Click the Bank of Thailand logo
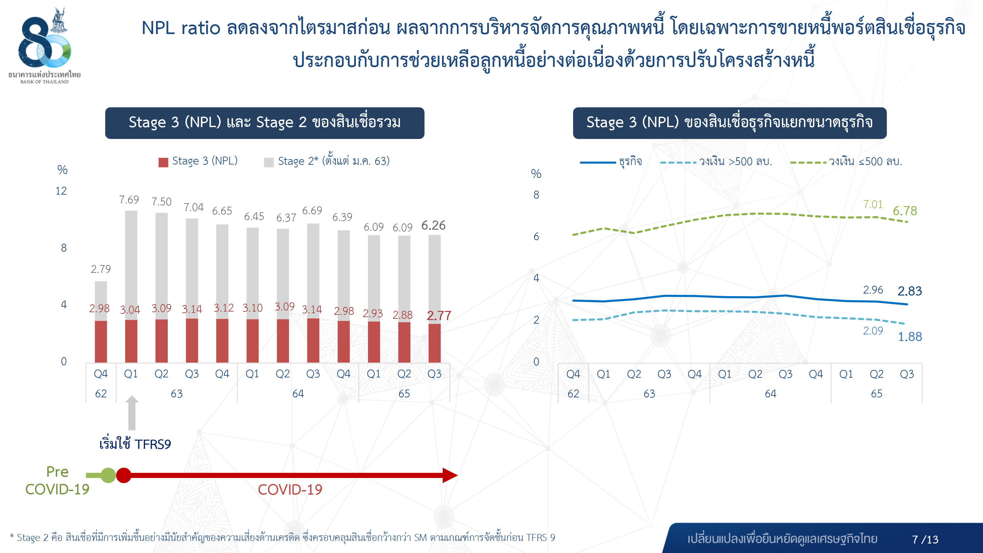pyautogui.click(x=45, y=44)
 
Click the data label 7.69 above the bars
pyautogui.click(x=129, y=200)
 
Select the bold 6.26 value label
pyautogui.click(x=433, y=225)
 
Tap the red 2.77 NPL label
pyautogui.click(x=439, y=315)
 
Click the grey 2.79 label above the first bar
pyautogui.click(x=101, y=269)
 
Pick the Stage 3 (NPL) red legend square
pyautogui.click(x=163, y=162)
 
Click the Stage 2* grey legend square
pyautogui.click(x=269, y=162)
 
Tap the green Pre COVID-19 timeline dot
pyautogui.click(x=108, y=475)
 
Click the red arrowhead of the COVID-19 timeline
pyautogui.click(x=450, y=475)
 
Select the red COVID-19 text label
pyautogui.click(x=290, y=490)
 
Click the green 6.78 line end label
pyautogui.click(x=905, y=211)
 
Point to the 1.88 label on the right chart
pyautogui.click(x=910, y=336)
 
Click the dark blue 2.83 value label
pyautogui.click(x=910, y=291)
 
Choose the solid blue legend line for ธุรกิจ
pyautogui.click(x=598, y=162)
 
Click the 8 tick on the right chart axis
pyautogui.click(x=536, y=195)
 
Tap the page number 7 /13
pyautogui.click(x=925, y=539)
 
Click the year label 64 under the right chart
pyautogui.click(x=770, y=393)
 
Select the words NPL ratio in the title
pyautogui.click(x=181, y=28)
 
